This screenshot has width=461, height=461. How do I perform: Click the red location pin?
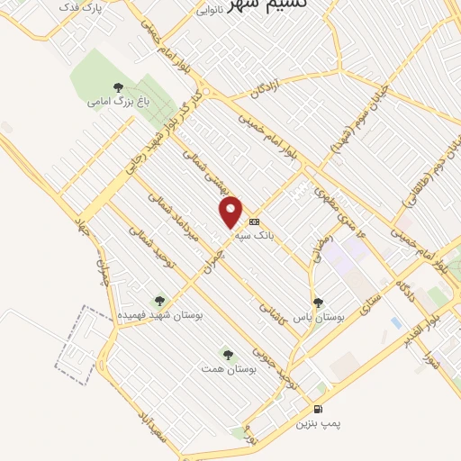[x=231, y=211]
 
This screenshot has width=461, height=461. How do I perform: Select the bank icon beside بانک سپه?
[x=254, y=221]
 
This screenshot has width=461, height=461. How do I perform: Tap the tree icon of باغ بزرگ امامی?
[x=118, y=87]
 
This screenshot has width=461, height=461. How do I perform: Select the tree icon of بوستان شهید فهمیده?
[x=160, y=302]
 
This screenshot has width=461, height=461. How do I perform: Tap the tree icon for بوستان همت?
[x=225, y=352]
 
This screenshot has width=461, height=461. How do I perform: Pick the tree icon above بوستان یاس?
[x=317, y=303]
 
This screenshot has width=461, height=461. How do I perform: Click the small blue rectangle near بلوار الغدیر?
[x=396, y=322]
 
